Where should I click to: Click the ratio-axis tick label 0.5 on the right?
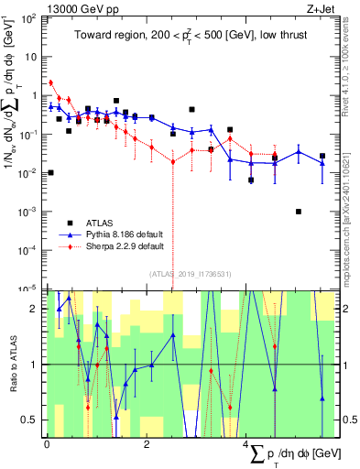[350, 420]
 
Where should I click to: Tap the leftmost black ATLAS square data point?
[50, 172]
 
